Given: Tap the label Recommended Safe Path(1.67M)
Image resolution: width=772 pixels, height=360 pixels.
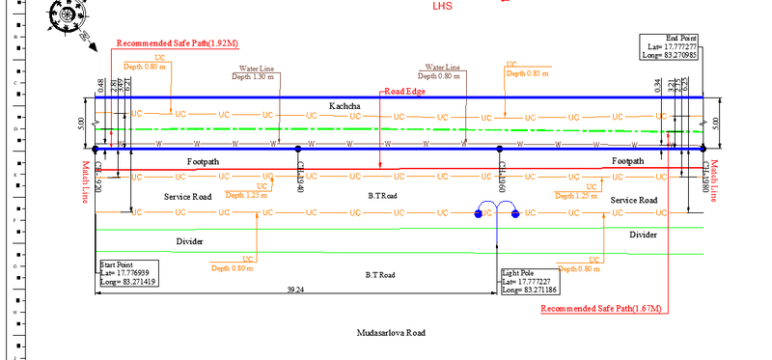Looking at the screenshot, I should click(x=601, y=309).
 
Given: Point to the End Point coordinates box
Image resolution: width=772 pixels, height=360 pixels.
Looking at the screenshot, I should click(x=673, y=46).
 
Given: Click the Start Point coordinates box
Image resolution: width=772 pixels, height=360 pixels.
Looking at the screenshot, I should click(x=128, y=272).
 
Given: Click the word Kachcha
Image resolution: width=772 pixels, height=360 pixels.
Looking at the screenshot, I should click(x=345, y=104).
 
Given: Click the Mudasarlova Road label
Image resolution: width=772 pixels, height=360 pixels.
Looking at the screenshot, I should click(x=391, y=333).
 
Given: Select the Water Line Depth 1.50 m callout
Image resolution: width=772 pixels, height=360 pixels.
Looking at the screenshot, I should click(x=255, y=73).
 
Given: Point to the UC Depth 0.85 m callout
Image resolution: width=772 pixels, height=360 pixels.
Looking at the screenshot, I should click(x=527, y=69).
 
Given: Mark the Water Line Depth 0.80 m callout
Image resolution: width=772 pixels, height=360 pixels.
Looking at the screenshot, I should click(x=439, y=73).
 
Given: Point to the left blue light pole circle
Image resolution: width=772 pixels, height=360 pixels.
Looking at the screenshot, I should click(x=479, y=213).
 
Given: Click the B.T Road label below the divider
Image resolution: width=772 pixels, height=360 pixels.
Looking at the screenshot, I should click(x=381, y=276).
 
